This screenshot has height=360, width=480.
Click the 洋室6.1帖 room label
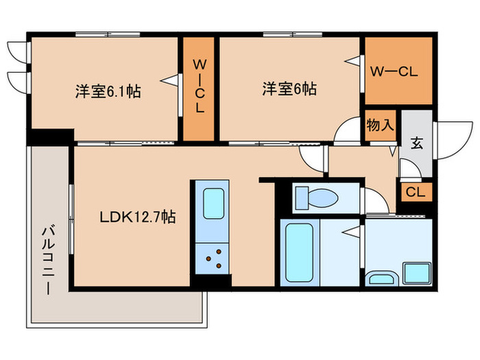(x=108, y=91)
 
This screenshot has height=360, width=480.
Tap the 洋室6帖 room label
(x=289, y=88)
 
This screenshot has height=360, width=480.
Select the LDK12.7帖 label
(x=137, y=217)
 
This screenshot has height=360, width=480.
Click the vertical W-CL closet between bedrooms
(x=199, y=88)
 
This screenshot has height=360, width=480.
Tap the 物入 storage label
(x=381, y=125)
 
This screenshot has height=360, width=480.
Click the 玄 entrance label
(x=416, y=143)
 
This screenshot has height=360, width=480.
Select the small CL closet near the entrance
(x=415, y=192)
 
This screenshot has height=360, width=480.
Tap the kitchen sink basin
(x=213, y=204)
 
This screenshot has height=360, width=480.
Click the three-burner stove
(x=213, y=259)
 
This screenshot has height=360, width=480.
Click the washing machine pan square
(x=416, y=272)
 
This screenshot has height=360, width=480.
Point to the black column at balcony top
(x=49, y=137)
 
